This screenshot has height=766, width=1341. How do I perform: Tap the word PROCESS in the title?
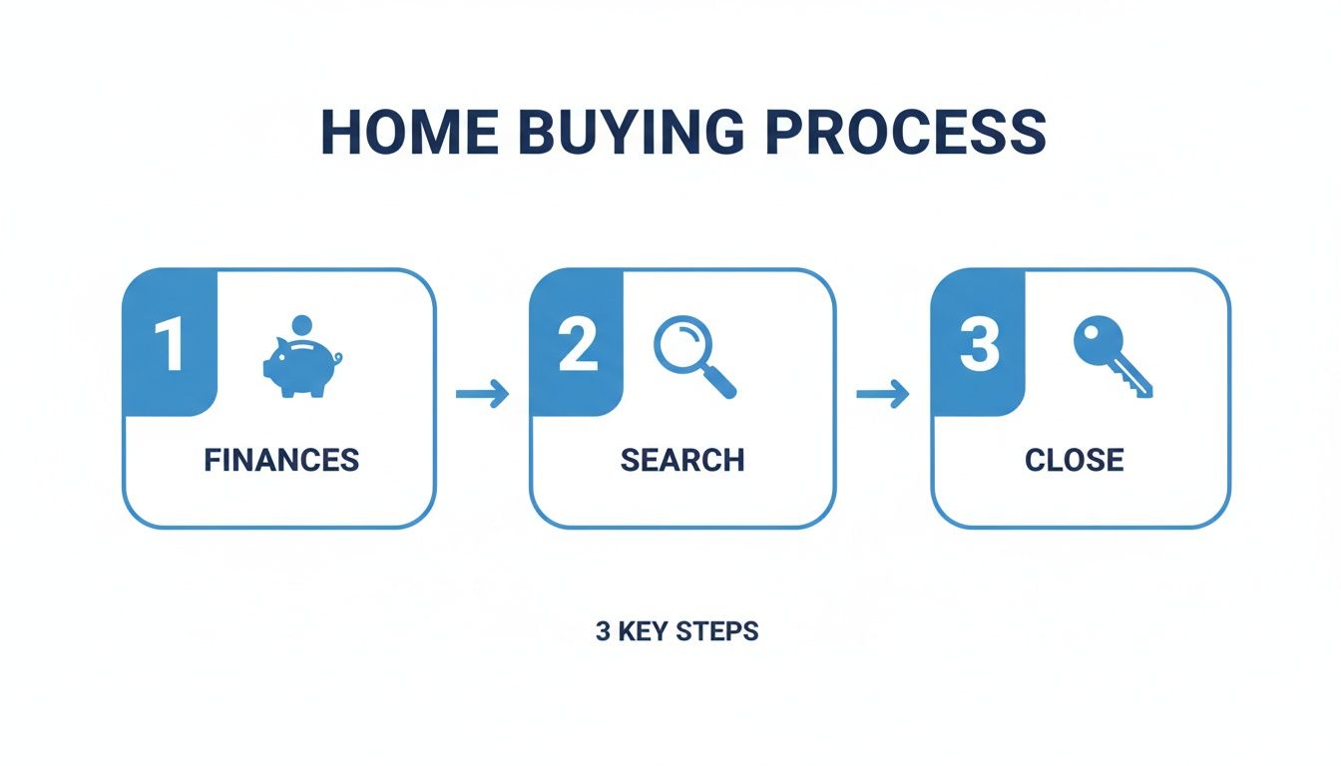point(905,131)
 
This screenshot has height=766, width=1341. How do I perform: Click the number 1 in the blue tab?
point(169,345)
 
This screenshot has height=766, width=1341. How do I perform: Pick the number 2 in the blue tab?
point(577,345)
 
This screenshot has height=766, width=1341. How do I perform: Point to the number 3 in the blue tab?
point(978,345)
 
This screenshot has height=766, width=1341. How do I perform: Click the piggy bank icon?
point(299,367)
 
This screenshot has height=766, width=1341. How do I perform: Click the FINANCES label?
point(280,460)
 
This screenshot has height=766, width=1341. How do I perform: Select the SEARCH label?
point(682,460)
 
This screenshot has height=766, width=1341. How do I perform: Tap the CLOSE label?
point(1074,460)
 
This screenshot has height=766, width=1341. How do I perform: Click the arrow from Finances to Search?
point(482,394)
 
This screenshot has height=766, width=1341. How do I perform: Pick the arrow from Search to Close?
point(883,394)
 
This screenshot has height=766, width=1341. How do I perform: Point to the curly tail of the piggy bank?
point(338,357)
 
